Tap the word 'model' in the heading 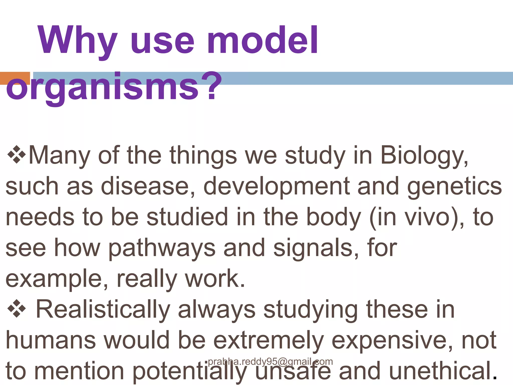pyautogui.click(x=263, y=40)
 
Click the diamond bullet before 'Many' pyautogui.click(x=17, y=155)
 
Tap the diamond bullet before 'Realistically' pyautogui.click(x=17, y=310)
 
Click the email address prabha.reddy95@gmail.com pyautogui.click(x=270, y=362)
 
